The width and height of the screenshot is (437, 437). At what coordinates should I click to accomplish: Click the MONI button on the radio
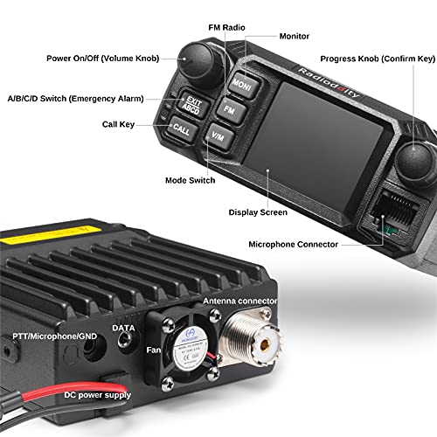coord(241,84)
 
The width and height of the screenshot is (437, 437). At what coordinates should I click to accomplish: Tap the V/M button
coord(218,135)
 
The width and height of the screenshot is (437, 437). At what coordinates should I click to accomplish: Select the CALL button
coord(181,129)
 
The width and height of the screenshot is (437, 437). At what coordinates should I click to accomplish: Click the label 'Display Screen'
coord(258,212)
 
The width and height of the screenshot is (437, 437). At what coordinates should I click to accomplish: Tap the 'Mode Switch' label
coord(190,180)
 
